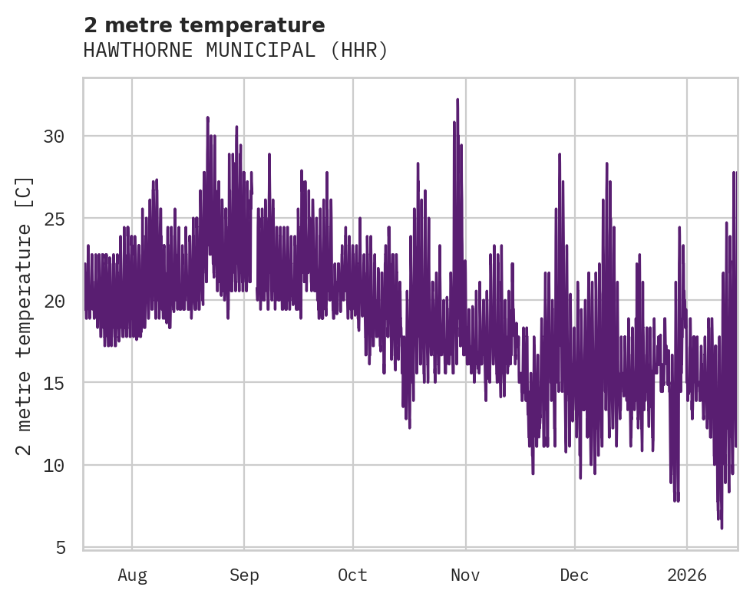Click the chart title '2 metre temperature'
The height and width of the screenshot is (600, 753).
[x=204, y=25]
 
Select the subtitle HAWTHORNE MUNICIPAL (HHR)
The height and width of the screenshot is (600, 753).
[x=236, y=51]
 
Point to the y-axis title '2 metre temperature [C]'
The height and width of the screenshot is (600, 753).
[x=25, y=316]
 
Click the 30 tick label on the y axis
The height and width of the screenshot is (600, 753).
[x=54, y=137]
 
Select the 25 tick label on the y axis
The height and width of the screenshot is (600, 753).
[x=54, y=219]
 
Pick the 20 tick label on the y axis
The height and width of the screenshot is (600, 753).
[x=54, y=301]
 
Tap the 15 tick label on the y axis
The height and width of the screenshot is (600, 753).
[x=54, y=383]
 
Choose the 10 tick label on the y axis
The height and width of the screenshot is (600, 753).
[x=54, y=465]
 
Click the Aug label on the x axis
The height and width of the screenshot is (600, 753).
[x=132, y=575]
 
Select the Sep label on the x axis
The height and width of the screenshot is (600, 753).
[x=244, y=575]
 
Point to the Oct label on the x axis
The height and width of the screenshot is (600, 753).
[x=353, y=575]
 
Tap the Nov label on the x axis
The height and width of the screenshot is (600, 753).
[x=465, y=575]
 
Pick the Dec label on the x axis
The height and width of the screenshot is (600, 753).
[x=574, y=575]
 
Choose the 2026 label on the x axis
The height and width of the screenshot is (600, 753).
[x=687, y=575]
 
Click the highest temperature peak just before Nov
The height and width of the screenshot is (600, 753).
[x=457, y=100]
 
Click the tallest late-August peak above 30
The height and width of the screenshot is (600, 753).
[x=207, y=117]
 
